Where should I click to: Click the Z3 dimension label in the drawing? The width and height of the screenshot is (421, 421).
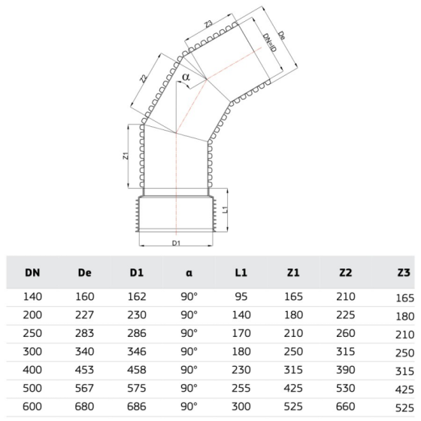pyautogui.click(x=208, y=24)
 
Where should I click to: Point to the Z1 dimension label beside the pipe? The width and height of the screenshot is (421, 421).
pyautogui.click(x=126, y=156)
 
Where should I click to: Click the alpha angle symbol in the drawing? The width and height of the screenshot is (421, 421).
pyautogui.click(x=186, y=77)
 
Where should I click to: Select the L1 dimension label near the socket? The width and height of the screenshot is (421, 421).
pyautogui.click(x=225, y=210)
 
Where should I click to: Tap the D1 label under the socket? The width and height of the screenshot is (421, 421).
pyautogui.click(x=176, y=243)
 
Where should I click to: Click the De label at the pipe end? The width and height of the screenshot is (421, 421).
pyautogui.click(x=281, y=36)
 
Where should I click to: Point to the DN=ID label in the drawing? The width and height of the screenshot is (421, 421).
pyautogui.click(x=269, y=42)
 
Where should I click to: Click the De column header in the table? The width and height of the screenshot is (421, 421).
pyautogui.click(x=85, y=273)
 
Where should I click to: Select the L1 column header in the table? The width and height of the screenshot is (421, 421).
pyautogui.click(x=241, y=273)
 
